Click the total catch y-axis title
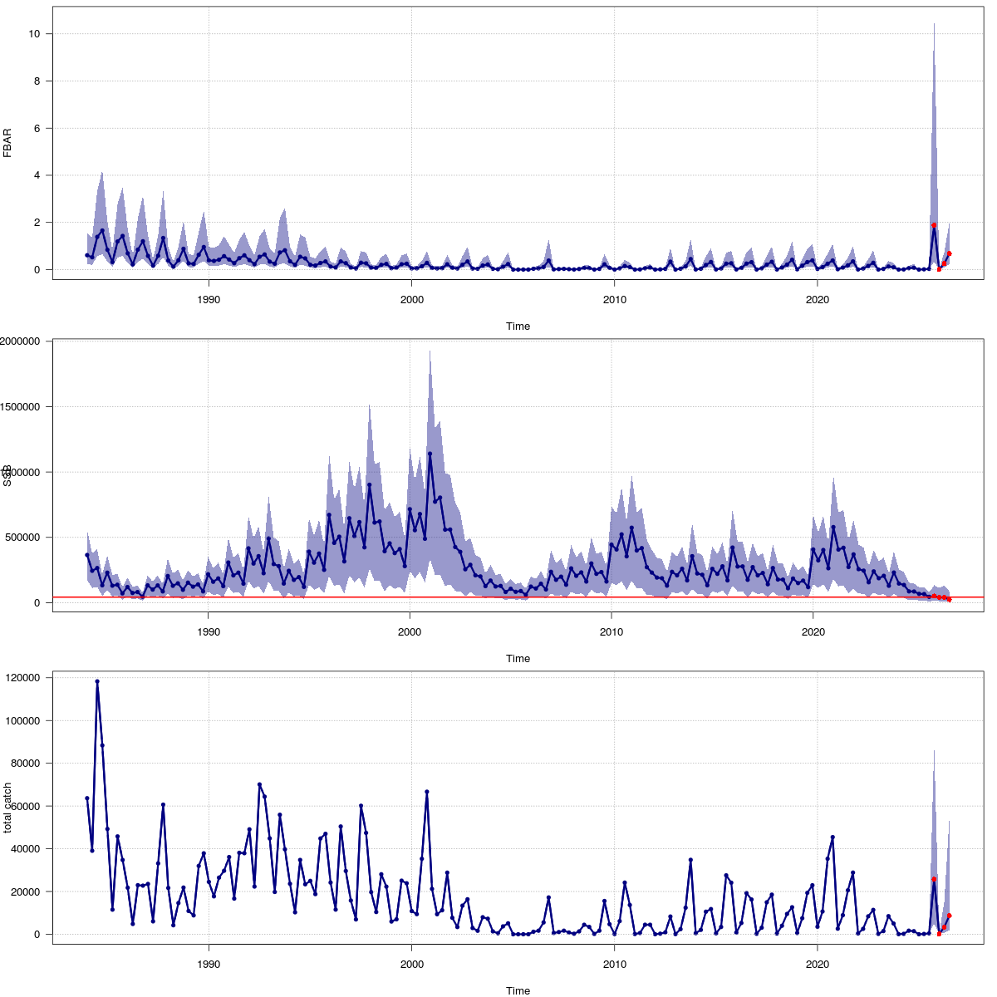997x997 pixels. point(7,808)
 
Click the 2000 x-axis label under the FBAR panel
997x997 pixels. point(411,299)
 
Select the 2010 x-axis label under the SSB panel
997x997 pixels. point(611,631)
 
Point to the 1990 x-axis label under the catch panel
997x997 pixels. point(209,964)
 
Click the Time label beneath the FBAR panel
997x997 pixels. point(518,327)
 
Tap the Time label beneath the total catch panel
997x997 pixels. point(518,990)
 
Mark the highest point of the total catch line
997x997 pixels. point(97,681)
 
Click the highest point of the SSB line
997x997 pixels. point(430,454)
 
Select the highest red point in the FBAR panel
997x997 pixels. point(934,225)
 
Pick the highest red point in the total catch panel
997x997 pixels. point(934,879)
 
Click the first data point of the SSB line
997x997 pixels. point(86,555)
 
